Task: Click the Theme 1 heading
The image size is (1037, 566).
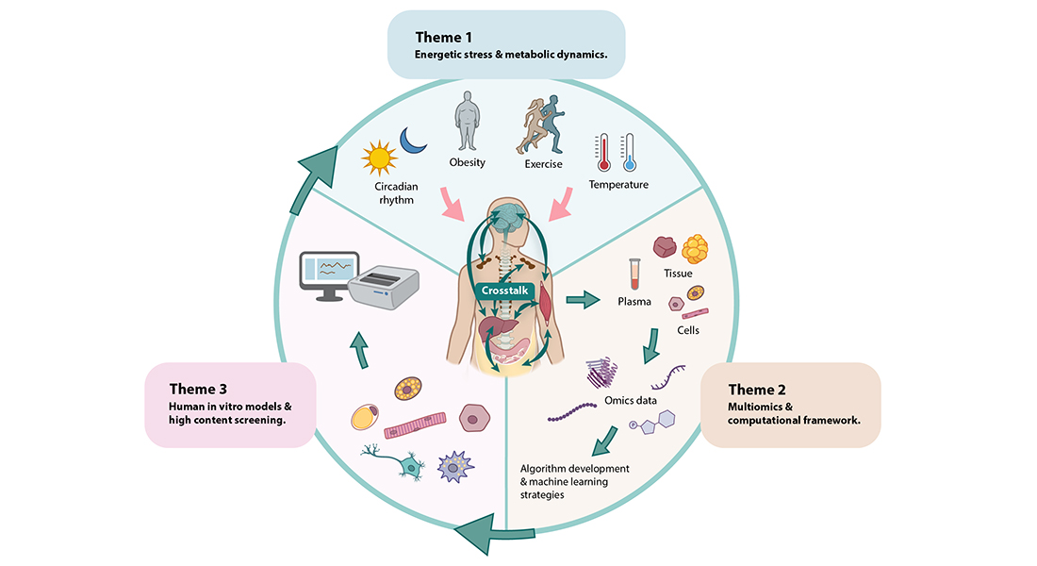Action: [444, 37]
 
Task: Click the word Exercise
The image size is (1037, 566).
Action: [543, 164]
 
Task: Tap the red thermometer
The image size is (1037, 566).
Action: [602, 152]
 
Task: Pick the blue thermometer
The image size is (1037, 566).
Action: [628, 152]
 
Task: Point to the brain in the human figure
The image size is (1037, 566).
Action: [505, 218]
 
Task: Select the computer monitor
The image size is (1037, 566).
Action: [328, 275]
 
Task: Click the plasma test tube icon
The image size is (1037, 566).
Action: [635, 275]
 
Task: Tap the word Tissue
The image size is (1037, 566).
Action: [677, 274]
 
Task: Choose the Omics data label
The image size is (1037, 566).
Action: [631, 401]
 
